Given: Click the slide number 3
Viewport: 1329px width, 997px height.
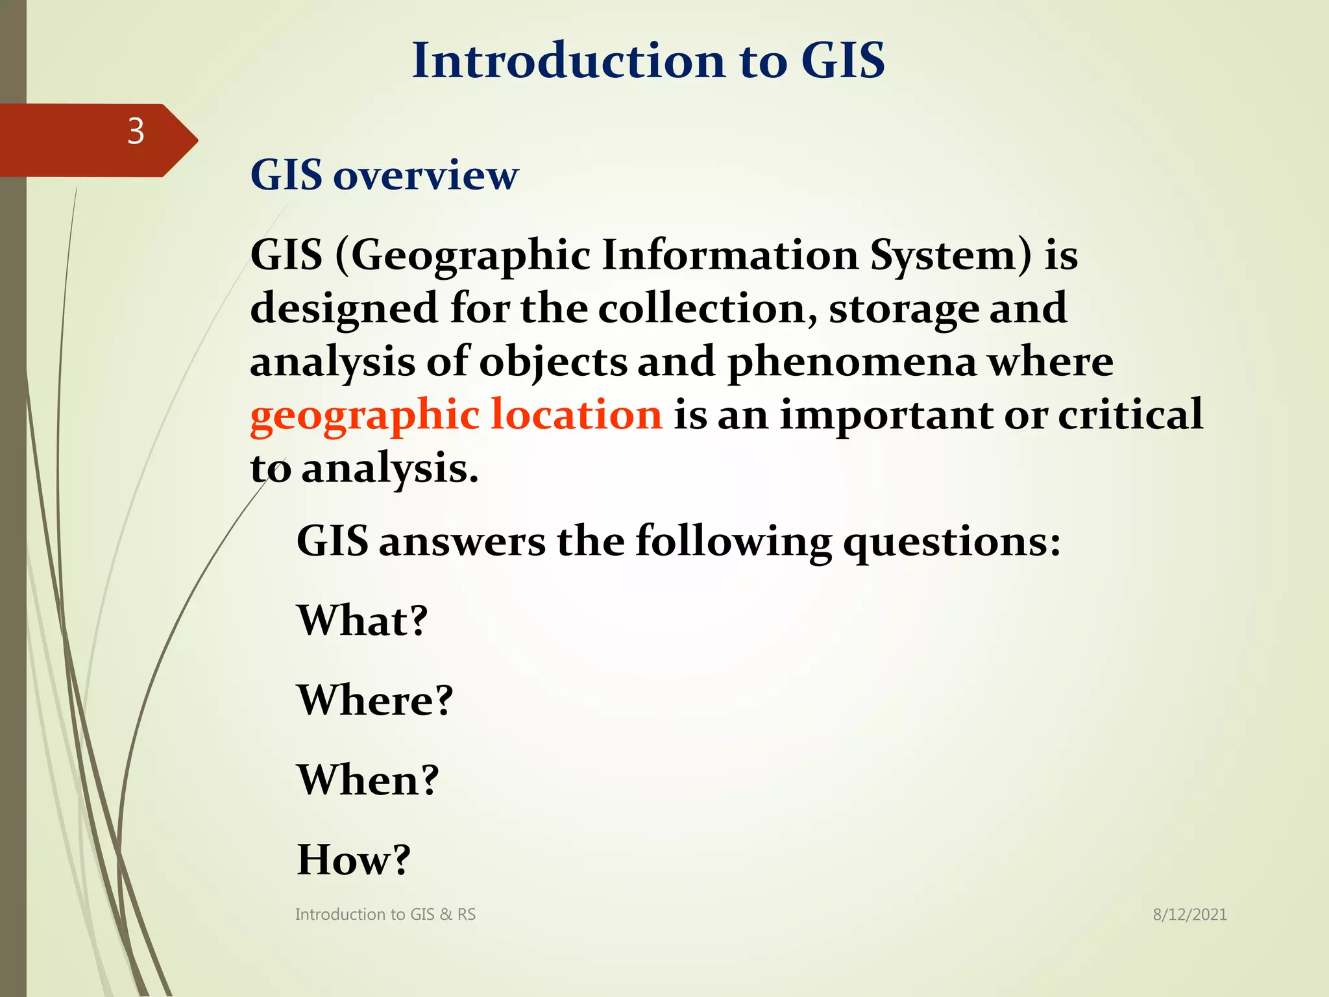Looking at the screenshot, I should (136, 132).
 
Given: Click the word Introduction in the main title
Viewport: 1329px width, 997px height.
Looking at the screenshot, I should (568, 60).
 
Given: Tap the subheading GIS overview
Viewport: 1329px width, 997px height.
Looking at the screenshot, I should (384, 175).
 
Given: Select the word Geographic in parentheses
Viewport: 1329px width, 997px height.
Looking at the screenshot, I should (470, 255).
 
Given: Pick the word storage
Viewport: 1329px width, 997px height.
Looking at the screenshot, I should (904, 310).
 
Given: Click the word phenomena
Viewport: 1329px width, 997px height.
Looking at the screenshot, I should (852, 363).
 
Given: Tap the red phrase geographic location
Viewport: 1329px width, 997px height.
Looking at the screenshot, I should (456, 415).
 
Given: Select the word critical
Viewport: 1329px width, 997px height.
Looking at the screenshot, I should (1130, 415).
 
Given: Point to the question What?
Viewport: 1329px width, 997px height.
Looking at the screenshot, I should (362, 621).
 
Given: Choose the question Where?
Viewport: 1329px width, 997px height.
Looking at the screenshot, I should (374, 700).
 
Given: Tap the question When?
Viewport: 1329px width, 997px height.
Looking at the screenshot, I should (368, 780).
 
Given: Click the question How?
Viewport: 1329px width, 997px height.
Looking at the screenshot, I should (354, 860).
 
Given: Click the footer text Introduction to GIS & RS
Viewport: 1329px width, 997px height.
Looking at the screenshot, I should (385, 915).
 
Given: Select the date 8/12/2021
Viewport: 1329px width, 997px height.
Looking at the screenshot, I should (1189, 915).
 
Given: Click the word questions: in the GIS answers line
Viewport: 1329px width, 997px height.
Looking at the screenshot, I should (951, 543).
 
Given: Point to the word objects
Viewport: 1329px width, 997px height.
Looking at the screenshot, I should (553, 363).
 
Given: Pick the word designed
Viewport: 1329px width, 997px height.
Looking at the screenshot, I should (344, 310).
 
